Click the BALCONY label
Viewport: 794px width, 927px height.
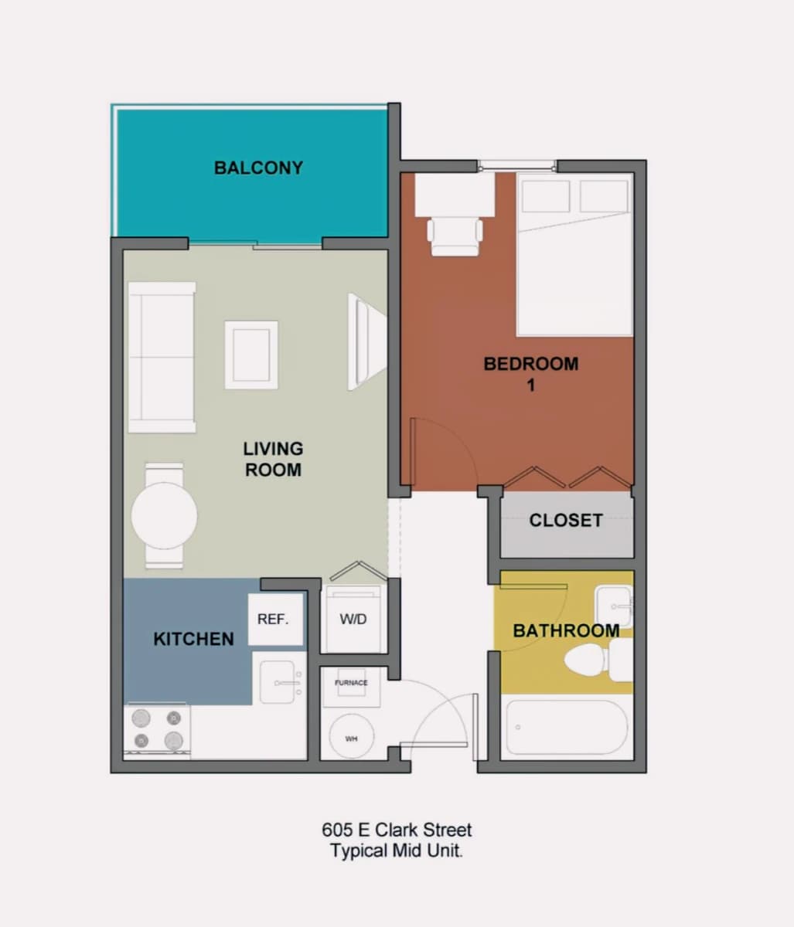pyautogui.click(x=258, y=168)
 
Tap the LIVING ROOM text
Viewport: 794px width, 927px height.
pyautogui.click(x=273, y=459)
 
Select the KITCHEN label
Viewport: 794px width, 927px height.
pyautogui.click(x=193, y=639)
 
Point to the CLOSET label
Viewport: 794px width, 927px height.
pyautogui.click(x=565, y=520)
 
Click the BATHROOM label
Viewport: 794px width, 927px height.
pyautogui.click(x=566, y=630)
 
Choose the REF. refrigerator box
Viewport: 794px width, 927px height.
pyautogui.click(x=275, y=620)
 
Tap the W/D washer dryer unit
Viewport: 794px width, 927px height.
pyautogui.click(x=353, y=619)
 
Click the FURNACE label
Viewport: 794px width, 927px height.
pyautogui.click(x=351, y=683)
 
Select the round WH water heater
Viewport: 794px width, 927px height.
pyautogui.click(x=352, y=738)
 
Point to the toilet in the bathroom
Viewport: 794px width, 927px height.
pyautogui.click(x=598, y=660)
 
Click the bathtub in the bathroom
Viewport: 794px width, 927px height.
pyautogui.click(x=567, y=728)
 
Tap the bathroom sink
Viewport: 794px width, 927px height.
pyautogui.click(x=614, y=606)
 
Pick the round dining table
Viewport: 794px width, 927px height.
pyautogui.click(x=164, y=516)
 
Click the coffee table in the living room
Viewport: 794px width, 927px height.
pyautogui.click(x=251, y=355)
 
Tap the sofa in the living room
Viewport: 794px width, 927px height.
pyautogui.click(x=162, y=357)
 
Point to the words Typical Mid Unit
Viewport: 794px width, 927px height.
pyautogui.click(x=397, y=851)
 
